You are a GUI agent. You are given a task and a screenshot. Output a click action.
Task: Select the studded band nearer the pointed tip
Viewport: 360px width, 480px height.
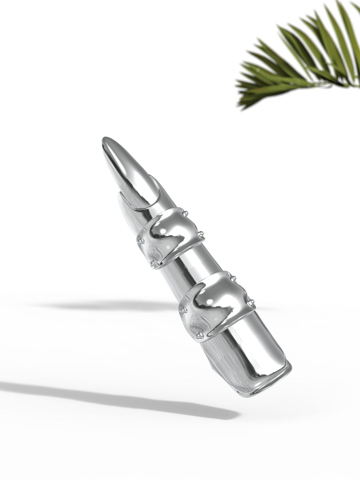pyautogui.click(x=171, y=236)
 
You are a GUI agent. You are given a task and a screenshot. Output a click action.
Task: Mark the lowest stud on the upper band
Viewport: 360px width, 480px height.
pyautogui.click(x=154, y=264)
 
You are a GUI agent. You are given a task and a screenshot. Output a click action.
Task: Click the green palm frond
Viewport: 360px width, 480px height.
pyautogui.click(x=302, y=58)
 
